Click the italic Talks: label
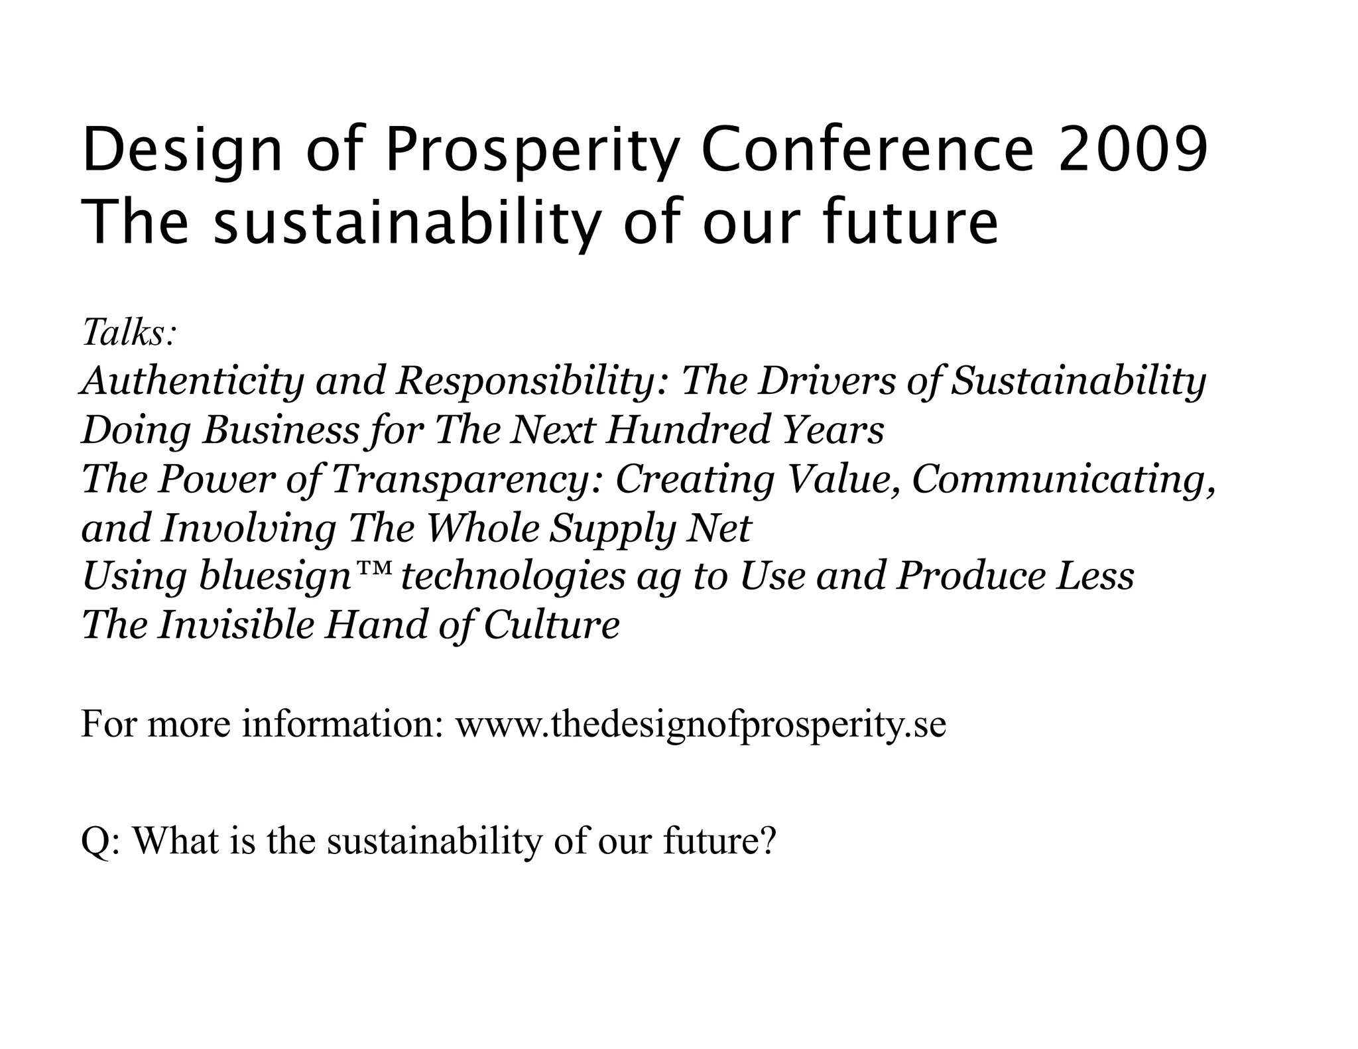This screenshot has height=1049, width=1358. (x=130, y=332)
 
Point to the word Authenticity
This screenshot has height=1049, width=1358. (x=192, y=381)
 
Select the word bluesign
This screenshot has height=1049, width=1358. (x=275, y=577)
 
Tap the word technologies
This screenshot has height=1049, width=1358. (x=513, y=577)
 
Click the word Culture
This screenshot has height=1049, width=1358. (x=552, y=625)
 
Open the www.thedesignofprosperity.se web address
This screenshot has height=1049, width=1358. (x=701, y=724)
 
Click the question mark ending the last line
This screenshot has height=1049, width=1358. (x=768, y=840)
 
